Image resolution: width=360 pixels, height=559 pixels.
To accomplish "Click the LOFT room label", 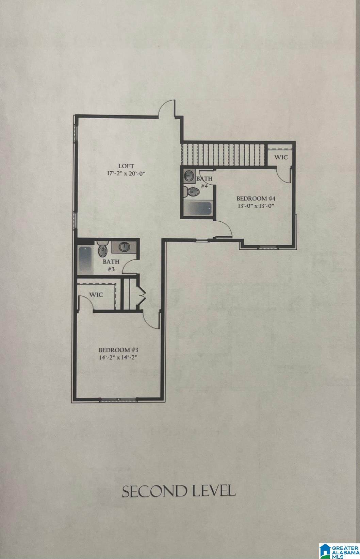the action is (x=126, y=166).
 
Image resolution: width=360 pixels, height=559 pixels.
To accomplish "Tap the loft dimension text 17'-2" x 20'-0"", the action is (x=126, y=173).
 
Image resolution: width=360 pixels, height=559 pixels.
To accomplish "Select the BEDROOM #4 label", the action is (x=256, y=199).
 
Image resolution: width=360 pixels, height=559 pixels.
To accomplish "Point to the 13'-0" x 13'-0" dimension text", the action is (x=256, y=206).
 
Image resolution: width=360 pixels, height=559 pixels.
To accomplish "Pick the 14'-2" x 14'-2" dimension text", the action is (x=118, y=357).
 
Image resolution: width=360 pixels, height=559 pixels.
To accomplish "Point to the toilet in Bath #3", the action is (x=102, y=249).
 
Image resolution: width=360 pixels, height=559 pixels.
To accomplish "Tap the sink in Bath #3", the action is (x=124, y=247).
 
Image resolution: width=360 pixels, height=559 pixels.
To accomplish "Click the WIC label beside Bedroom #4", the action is (x=281, y=157).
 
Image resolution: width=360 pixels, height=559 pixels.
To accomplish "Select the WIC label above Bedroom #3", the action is (x=96, y=295).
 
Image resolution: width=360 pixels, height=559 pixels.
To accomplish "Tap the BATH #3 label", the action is (x=111, y=265).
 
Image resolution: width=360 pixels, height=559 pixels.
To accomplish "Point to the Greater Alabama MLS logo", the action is (x=339, y=549).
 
